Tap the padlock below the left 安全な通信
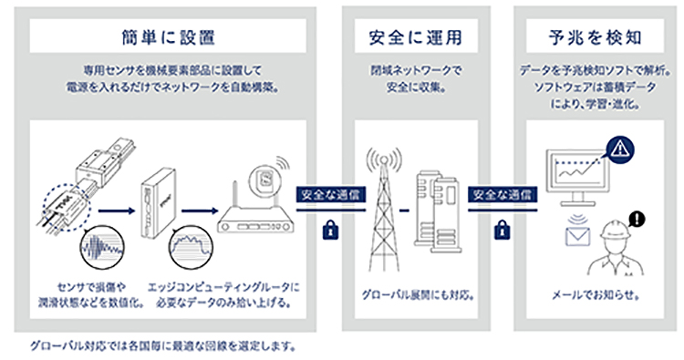click(327, 231)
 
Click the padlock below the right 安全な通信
click(501, 231)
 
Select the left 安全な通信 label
click(326, 194)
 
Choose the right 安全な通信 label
click(501, 194)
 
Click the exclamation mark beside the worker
click(637, 218)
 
